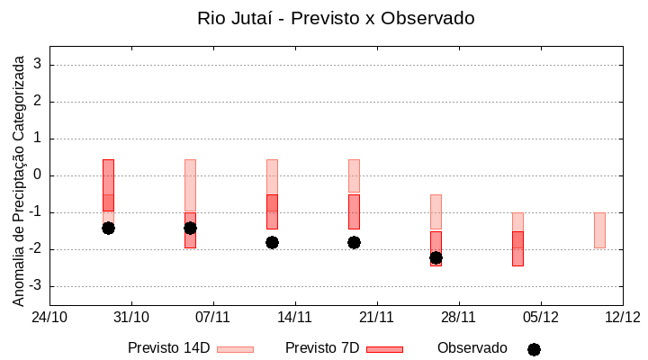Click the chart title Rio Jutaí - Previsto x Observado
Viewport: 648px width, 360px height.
tap(336, 18)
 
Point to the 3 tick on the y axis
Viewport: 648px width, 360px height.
tap(38, 65)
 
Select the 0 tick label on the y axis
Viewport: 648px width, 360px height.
tap(38, 175)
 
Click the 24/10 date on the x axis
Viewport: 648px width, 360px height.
tap(49, 317)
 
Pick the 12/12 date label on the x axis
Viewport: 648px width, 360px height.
tap(622, 317)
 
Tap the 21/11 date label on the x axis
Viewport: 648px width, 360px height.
tap(376, 317)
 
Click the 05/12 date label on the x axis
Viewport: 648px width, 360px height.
tap(540, 317)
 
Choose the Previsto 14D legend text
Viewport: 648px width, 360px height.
tap(168, 348)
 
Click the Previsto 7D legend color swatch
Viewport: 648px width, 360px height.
tap(384, 349)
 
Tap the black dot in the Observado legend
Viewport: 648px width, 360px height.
tap(534, 349)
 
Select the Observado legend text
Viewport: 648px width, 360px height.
tap(472, 348)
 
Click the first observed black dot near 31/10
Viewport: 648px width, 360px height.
tap(108, 228)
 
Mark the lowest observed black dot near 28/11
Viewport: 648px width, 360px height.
tap(436, 257)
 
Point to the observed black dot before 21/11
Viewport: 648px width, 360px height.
tap(354, 242)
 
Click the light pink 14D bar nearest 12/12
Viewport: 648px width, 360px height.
tap(599, 229)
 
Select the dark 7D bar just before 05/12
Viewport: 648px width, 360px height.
tap(517, 248)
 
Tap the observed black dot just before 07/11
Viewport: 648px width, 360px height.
tap(190, 228)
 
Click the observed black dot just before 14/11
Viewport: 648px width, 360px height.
tap(272, 242)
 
